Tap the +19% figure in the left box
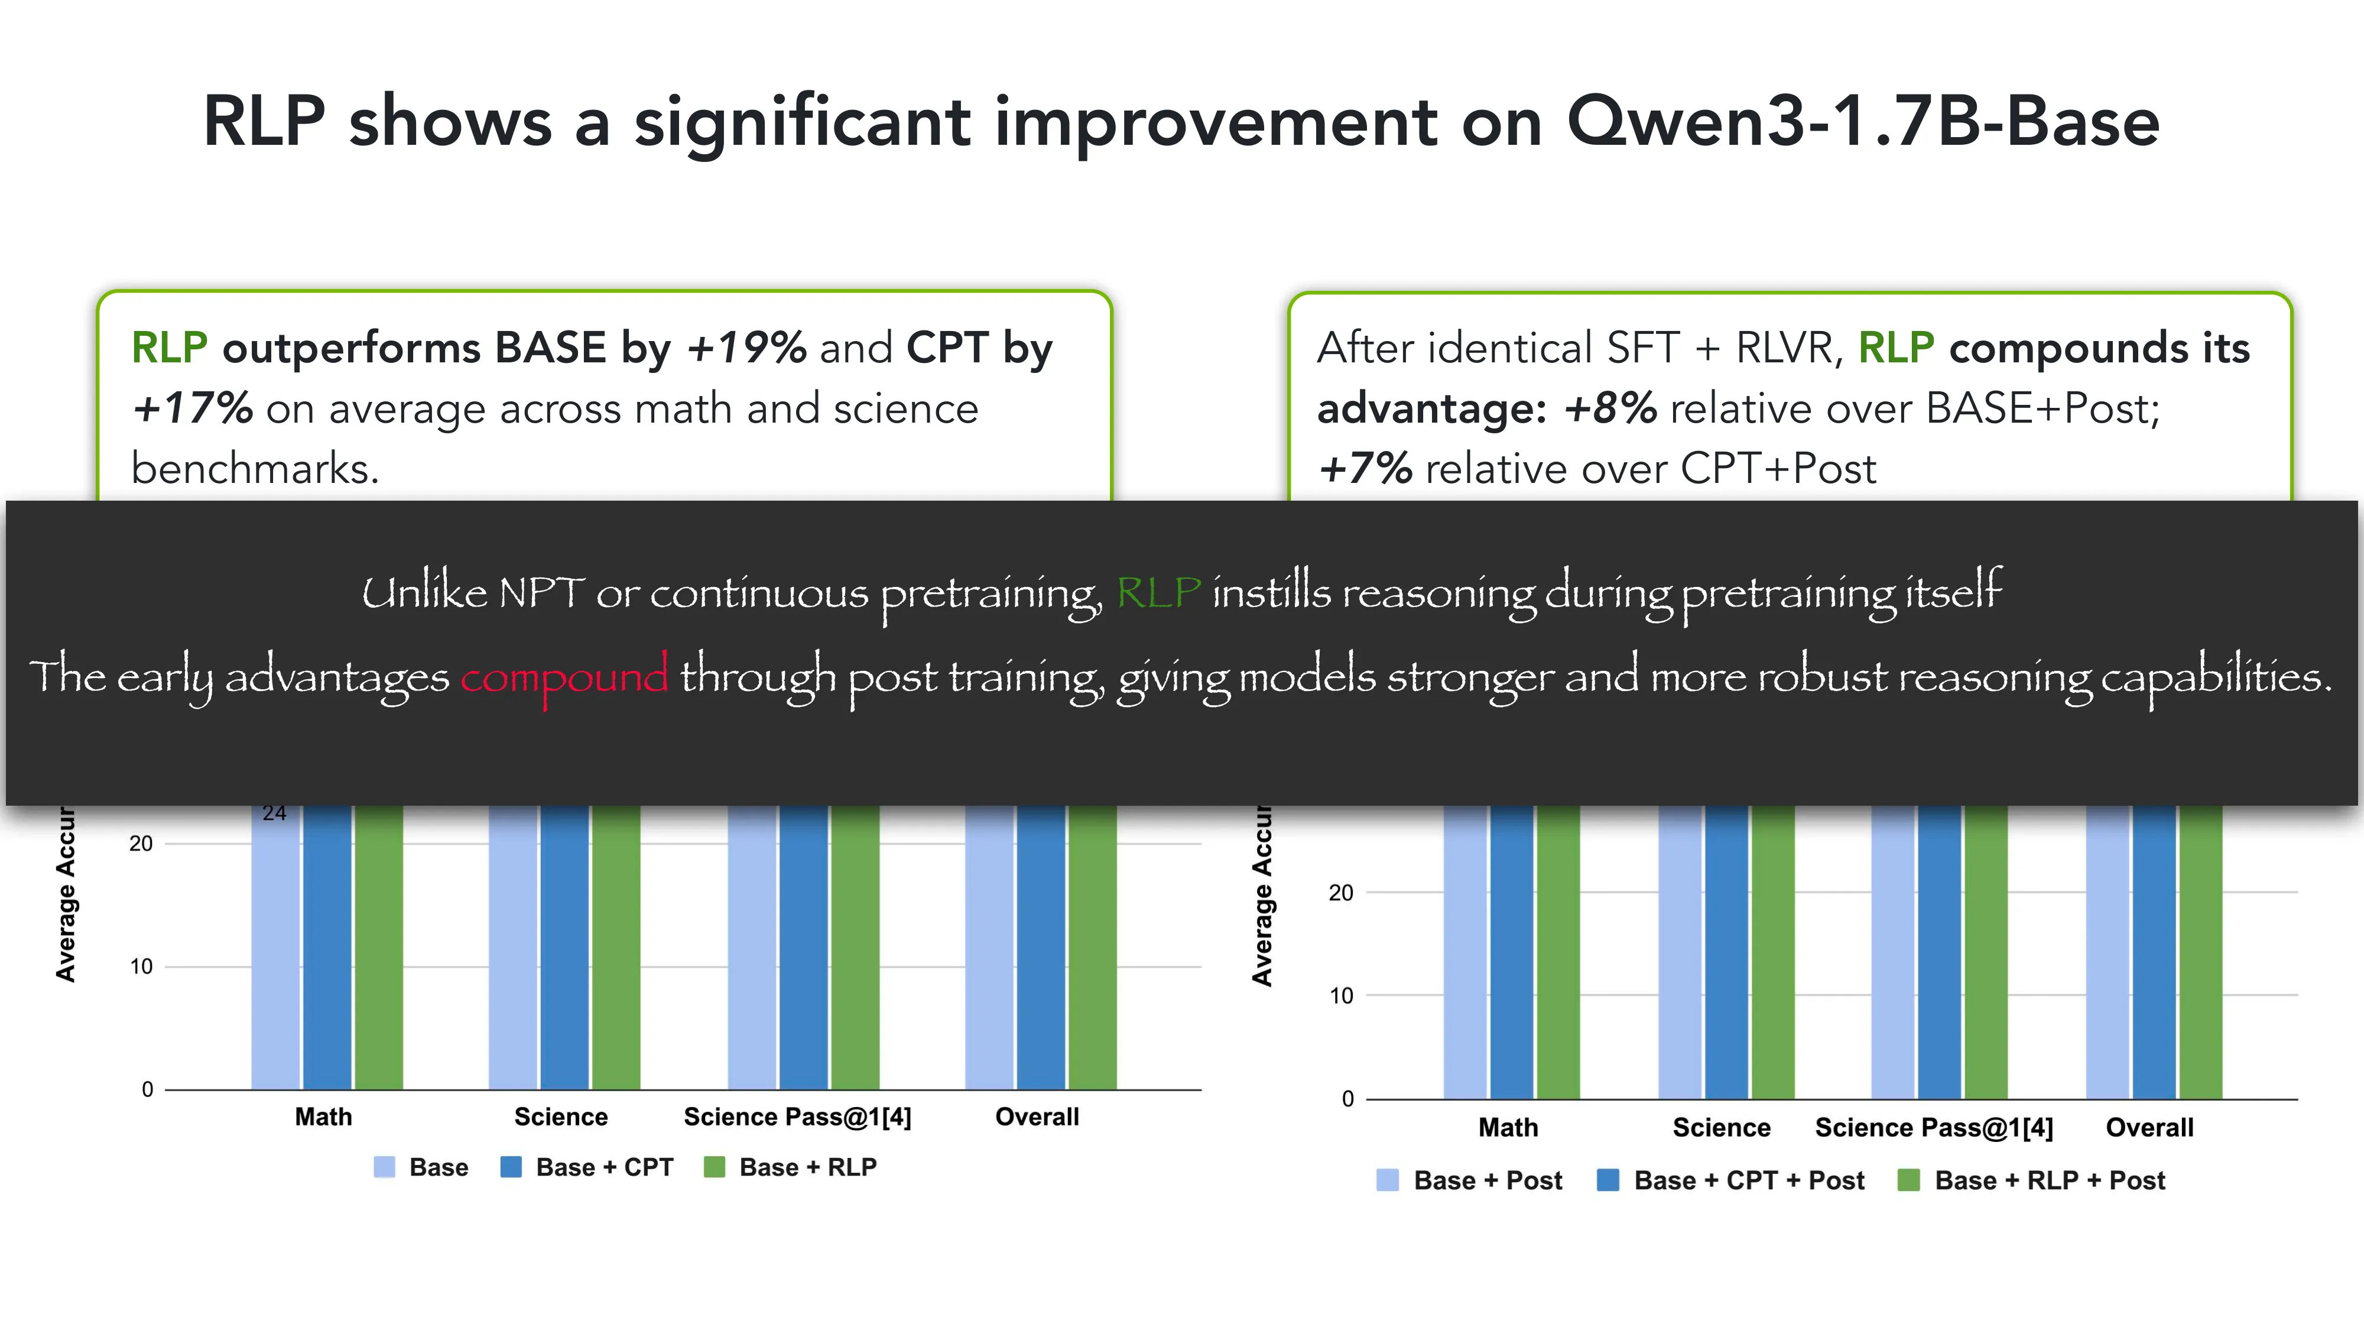(x=746, y=348)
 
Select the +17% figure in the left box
(x=192, y=408)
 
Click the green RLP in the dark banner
(x=1158, y=592)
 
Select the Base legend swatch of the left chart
(x=385, y=1167)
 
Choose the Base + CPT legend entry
(x=586, y=1167)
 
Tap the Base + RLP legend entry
(x=790, y=1167)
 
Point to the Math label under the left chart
(x=323, y=1117)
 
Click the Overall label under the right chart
(x=2149, y=1127)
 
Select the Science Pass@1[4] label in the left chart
(x=797, y=1117)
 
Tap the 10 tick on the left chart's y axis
(x=141, y=966)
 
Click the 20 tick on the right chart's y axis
(x=1341, y=892)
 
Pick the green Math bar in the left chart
(x=379, y=947)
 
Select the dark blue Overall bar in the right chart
(x=2154, y=952)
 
